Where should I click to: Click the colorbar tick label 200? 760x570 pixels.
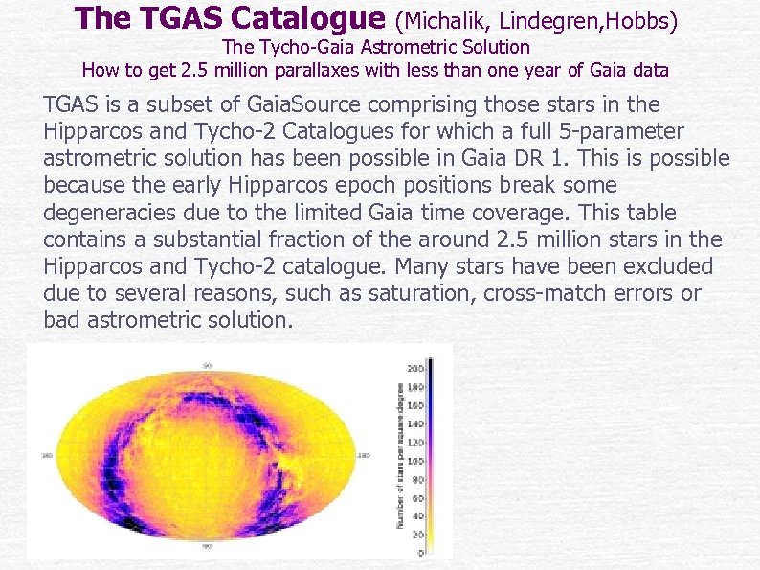(x=415, y=368)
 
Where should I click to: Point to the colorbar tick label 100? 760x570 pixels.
(x=415, y=461)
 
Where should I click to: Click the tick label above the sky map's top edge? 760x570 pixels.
(x=206, y=364)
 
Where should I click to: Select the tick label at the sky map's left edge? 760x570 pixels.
(x=44, y=456)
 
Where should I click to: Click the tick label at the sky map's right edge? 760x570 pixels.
(x=364, y=456)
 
